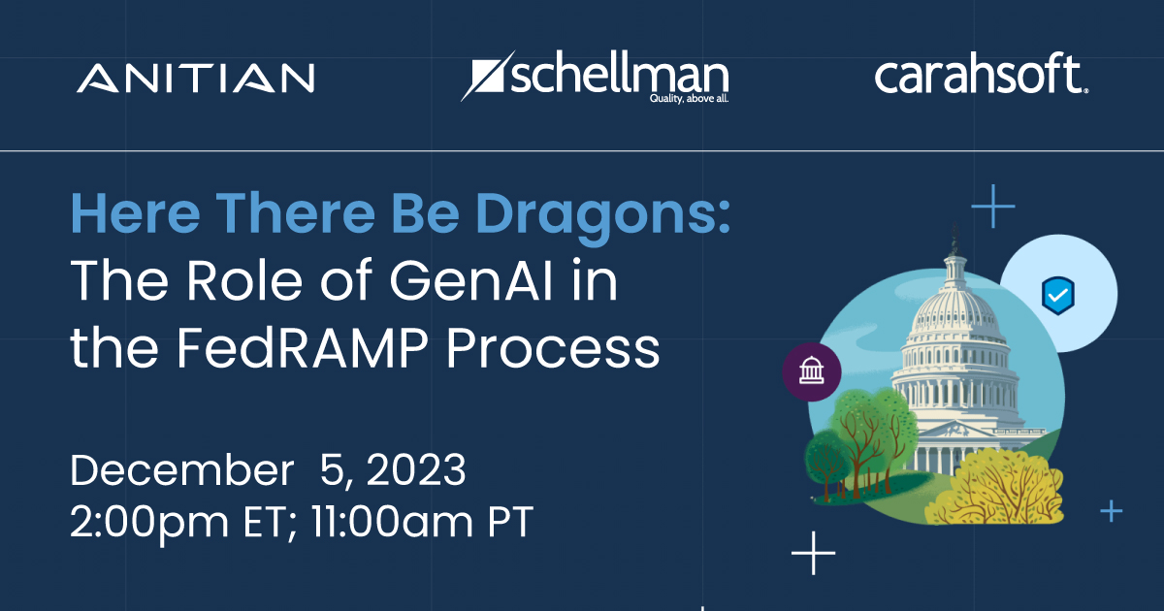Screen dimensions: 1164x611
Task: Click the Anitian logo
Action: [x=195, y=78]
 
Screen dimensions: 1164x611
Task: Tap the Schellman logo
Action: [x=595, y=77]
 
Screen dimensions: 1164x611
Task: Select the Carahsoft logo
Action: [x=982, y=74]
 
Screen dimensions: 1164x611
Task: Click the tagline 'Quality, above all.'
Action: [x=689, y=98]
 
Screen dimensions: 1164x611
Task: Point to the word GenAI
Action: [x=470, y=280]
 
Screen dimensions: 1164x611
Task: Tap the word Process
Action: [x=553, y=348]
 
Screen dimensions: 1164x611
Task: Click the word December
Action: [x=182, y=469]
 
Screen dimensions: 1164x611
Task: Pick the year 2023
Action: [x=416, y=469]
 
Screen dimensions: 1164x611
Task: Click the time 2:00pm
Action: [x=149, y=522]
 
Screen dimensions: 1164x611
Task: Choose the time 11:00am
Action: [x=392, y=521]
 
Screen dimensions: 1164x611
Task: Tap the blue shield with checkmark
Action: [x=1058, y=295]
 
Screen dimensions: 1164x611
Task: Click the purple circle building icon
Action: [x=812, y=372]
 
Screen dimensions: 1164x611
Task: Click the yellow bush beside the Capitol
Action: [x=995, y=489]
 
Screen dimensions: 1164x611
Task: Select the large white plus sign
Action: [x=813, y=553]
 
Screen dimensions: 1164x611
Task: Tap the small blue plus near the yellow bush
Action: [x=1112, y=511]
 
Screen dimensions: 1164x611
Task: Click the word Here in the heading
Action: [x=135, y=213]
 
